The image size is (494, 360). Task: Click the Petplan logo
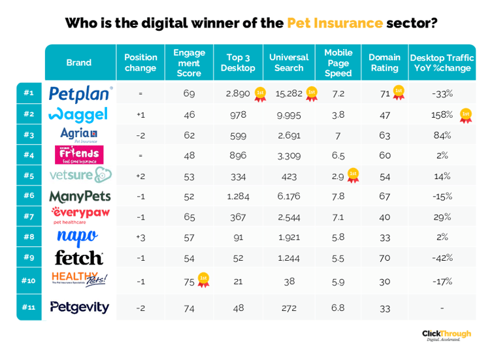click(80, 93)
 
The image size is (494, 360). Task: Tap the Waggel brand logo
click(79, 114)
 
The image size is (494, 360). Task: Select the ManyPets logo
click(80, 196)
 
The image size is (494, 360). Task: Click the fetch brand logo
click(79, 257)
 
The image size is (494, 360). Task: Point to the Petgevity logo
click(79, 307)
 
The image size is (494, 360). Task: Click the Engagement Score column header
click(189, 63)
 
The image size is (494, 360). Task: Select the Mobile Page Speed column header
click(338, 63)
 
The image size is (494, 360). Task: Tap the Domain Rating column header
click(384, 63)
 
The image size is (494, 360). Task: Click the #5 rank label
click(29, 176)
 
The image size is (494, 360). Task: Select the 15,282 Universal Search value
click(288, 93)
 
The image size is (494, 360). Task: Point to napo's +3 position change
click(140, 237)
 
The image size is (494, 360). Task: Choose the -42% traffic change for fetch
click(442, 257)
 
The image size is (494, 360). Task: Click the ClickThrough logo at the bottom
click(446, 335)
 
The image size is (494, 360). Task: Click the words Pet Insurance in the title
click(335, 23)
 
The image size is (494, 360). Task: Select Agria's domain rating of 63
click(384, 135)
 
